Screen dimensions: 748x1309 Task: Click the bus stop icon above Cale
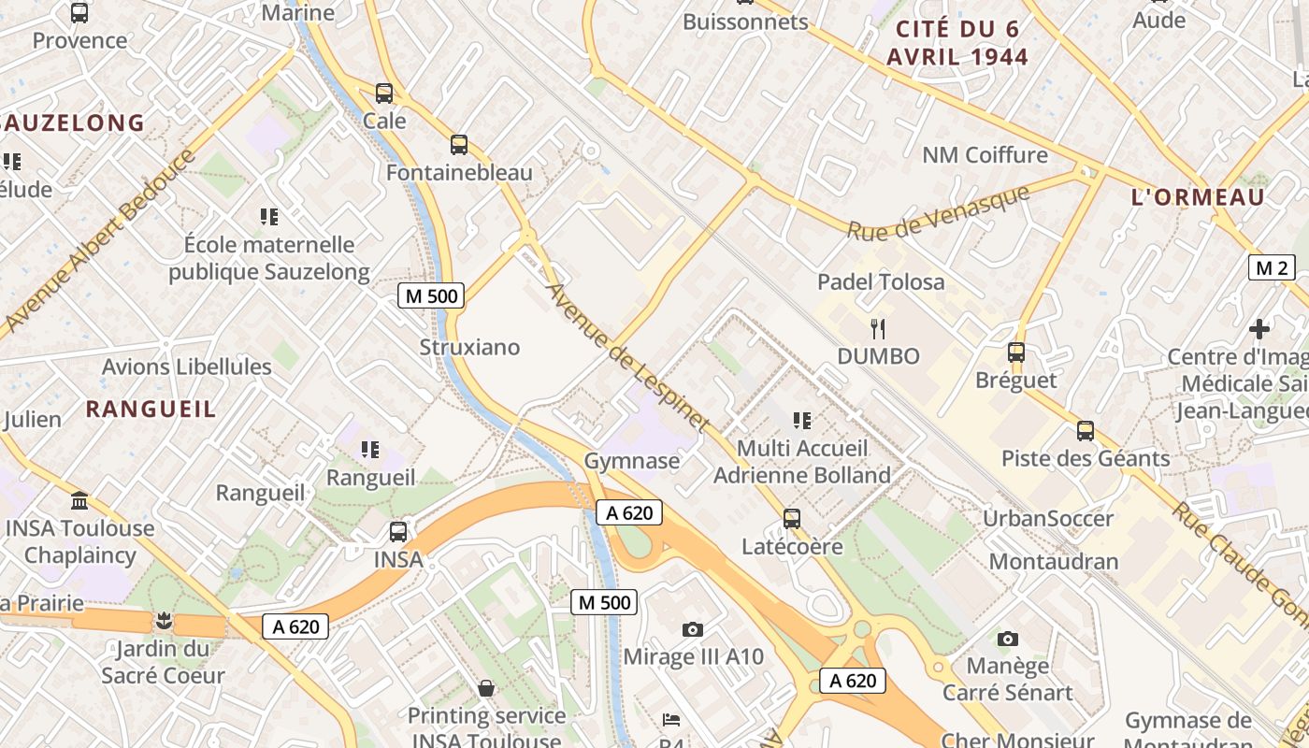(x=384, y=93)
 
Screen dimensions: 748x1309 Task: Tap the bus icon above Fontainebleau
(x=458, y=145)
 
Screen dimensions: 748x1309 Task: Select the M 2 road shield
(x=1272, y=268)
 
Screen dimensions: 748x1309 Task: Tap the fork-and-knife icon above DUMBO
(x=877, y=328)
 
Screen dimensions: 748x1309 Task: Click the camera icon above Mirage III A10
(x=692, y=629)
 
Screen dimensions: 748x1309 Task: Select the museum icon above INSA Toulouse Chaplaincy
(x=79, y=501)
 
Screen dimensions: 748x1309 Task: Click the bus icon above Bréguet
(x=1016, y=352)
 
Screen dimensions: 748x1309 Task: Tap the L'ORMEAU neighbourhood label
(x=1198, y=197)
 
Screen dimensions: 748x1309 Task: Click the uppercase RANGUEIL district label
(x=151, y=409)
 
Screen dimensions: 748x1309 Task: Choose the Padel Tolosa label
(x=881, y=281)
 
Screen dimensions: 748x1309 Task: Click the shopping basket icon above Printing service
(x=486, y=689)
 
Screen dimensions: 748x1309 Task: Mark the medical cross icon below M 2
(x=1259, y=329)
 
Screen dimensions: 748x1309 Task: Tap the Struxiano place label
(x=469, y=347)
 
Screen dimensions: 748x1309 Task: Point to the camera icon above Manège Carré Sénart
(x=1007, y=639)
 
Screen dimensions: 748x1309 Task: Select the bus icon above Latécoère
(x=792, y=518)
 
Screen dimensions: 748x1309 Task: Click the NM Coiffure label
(x=985, y=154)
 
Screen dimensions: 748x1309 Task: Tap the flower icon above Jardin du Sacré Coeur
(x=165, y=621)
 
